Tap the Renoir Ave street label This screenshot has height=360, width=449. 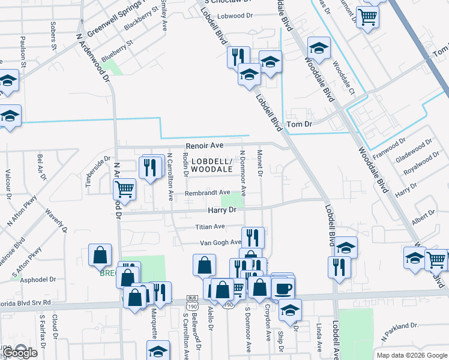point(204,145)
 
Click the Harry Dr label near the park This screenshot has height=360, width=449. point(223,210)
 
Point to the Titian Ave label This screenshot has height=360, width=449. point(209,227)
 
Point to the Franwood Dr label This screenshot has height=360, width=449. point(385,146)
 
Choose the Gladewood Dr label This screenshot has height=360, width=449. point(414,151)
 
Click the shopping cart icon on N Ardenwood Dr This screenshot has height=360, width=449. point(124,189)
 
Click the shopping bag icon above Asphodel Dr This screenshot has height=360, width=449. point(100,256)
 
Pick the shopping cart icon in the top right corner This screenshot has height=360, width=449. point(367,16)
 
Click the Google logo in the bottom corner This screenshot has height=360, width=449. point(19,353)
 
